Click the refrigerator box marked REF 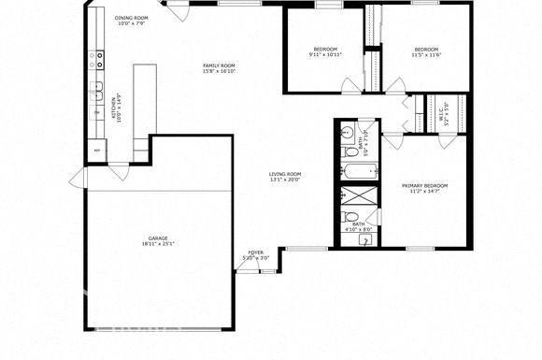click(x=96, y=151)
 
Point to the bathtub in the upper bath click(x=359, y=172)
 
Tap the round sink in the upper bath click(x=346, y=130)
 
